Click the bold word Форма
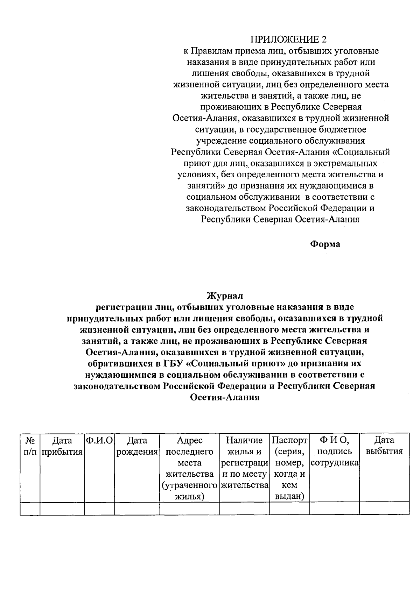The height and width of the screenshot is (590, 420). tap(325, 244)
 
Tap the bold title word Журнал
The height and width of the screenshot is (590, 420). tap(224, 296)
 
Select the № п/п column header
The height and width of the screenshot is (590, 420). tap(30, 446)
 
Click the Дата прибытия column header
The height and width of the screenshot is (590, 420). tap(62, 446)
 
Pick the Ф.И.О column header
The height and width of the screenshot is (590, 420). tap(99, 440)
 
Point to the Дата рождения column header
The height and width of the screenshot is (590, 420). tap(137, 446)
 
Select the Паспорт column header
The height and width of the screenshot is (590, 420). tap(289, 440)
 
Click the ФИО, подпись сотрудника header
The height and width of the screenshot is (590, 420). tap(334, 451)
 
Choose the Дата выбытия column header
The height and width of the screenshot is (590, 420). tap(384, 446)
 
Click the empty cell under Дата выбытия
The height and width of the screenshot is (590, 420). tap(384, 509)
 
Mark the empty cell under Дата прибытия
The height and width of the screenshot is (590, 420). tap(62, 509)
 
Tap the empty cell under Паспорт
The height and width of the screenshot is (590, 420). tap(289, 509)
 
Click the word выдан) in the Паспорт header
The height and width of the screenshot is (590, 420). tap(289, 496)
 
